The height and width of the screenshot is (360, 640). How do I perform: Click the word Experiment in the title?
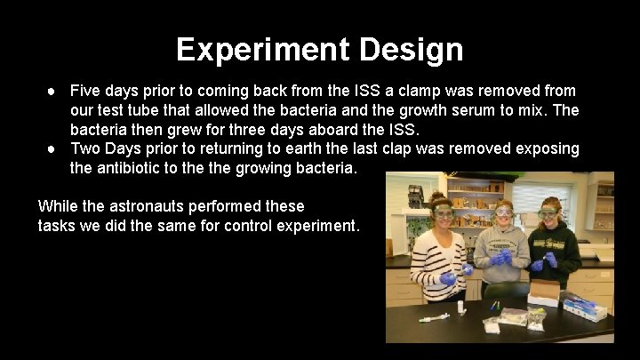pyautogui.click(x=264, y=50)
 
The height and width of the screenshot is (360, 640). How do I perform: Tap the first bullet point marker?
pyautogui.click(x=52, y=91)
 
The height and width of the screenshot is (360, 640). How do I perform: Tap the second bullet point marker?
pyautogui.click(x=52, y=148)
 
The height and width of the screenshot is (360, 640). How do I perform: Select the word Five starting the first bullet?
pyautogui.click(x=85, y=91)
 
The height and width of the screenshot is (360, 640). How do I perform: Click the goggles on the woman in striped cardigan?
pyautogui.click(x=444, y=213)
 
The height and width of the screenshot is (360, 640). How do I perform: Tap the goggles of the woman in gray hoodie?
pyautogui.click(x=503, y=212)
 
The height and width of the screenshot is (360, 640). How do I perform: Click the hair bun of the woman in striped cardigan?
pyautogui.click(x=437, y=196)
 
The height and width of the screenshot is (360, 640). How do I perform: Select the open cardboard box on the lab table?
pyautogui.click(x=545, y=292)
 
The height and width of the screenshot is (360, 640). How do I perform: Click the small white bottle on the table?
pyautogui.click(x=460, y=307)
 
